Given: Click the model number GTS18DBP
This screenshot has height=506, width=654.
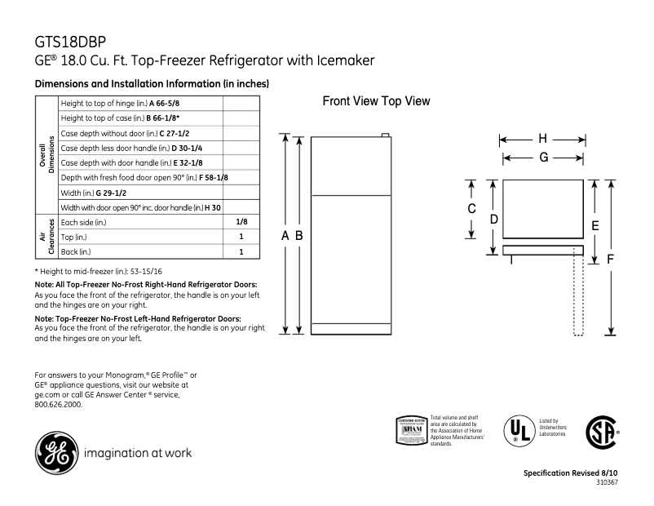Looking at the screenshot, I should pos(70,42).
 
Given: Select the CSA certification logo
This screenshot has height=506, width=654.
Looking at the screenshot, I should pos(601,430).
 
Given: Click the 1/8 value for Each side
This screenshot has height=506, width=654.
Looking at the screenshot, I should pos(241,222).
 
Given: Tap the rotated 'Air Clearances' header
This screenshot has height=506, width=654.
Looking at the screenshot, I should pos(46,237).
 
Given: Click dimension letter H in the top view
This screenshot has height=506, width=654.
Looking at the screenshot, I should pos(542,138).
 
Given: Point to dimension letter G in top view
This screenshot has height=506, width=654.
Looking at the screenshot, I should pos(542,158).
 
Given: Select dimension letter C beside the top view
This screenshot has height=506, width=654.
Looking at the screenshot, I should pos(471,210).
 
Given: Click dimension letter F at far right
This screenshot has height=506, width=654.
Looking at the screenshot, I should pos(611,259).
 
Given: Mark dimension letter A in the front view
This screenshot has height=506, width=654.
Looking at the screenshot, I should pos(285,235).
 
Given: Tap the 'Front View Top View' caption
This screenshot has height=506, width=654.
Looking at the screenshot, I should pos(376,101).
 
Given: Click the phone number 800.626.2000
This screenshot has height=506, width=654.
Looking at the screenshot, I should pos(58,403).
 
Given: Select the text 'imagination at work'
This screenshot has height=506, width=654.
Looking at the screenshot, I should pos(139,452).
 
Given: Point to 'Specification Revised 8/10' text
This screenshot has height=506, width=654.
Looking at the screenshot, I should pos(570,473).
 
